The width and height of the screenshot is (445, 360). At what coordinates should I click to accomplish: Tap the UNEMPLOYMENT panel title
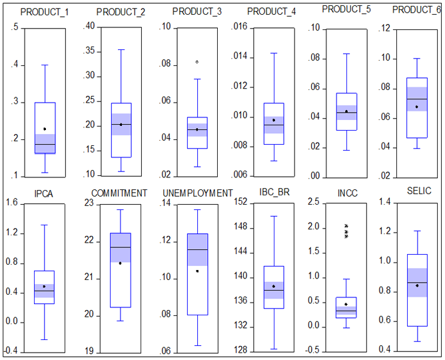click(197, 193)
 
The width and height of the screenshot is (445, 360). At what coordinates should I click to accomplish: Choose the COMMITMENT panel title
click(119, 193)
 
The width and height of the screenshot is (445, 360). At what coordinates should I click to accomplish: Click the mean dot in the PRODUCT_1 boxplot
click(45, 129)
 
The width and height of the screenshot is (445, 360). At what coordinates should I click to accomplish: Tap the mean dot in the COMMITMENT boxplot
click(120, 263)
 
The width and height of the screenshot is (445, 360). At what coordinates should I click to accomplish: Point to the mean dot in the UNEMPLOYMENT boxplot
click(197, 271)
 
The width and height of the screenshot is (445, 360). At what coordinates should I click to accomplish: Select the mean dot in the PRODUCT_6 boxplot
click(416, 107)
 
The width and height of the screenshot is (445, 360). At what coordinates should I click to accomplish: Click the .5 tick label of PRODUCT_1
click(15, 27)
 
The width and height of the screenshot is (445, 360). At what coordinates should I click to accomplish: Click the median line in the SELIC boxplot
click(416, 283)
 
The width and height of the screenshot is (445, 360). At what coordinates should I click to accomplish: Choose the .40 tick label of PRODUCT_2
click(89, 27)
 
